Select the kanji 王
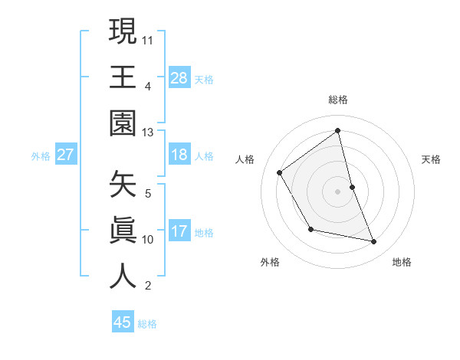(123, 77)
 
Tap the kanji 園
(123, 123)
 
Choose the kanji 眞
(123, 231)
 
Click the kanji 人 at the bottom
(123, 277)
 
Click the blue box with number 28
(179, 77)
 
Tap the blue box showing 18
(179, 155)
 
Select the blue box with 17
(179, 231)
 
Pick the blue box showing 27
(66, 155)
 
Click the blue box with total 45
(123, 322)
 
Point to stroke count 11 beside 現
(148, 39)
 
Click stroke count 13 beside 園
(148, 132)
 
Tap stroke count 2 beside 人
(148, 286)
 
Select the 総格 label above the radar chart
(338, 100)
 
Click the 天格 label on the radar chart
(432, 159)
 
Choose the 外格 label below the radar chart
(270, 262)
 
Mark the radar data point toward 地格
(374, 242)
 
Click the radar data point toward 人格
(280, 172)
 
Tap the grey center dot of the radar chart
(337, 191)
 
